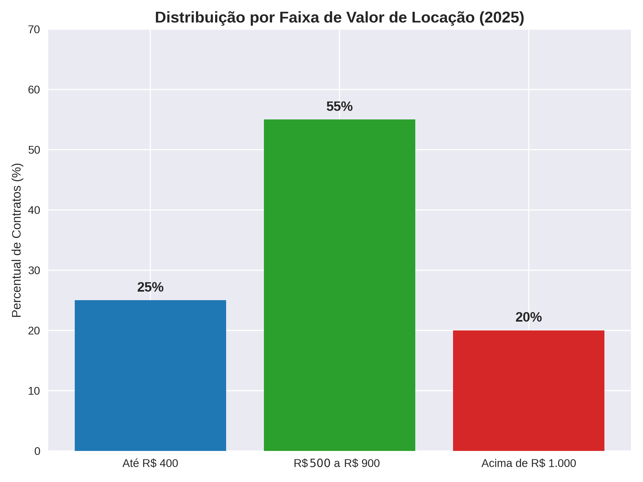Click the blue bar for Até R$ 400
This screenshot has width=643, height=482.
150,375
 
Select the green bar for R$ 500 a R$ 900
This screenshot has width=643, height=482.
339,285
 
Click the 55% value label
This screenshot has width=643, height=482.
339,107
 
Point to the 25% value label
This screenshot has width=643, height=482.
150,287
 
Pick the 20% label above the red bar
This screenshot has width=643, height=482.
529,317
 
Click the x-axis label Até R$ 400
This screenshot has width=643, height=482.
150,464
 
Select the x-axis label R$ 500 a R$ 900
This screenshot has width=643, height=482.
337,464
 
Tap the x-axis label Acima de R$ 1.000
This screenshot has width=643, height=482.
529,464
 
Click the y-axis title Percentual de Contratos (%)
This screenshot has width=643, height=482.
17,240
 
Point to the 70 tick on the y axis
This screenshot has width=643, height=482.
34,30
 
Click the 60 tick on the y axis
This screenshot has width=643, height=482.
34,90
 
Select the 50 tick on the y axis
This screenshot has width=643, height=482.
34,150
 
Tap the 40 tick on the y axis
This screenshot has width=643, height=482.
34,210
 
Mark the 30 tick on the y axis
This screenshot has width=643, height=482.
34,270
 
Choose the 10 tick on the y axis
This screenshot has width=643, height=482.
34,391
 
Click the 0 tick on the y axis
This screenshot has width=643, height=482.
37,451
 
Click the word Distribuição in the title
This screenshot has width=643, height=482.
200,17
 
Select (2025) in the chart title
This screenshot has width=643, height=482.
502,17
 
